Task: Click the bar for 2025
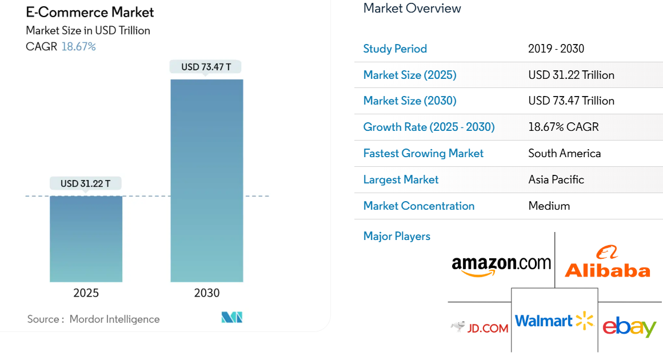(86, 239)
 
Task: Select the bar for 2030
(206, 181)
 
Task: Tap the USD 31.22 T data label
(86, 183)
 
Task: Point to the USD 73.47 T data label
(206, 67)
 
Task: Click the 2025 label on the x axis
(86, 293)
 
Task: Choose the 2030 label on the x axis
(206, 293)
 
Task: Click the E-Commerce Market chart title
(90, 12)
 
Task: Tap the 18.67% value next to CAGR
(78, 46)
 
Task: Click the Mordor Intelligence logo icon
(232, 318)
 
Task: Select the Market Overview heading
(412, 8)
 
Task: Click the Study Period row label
(395, 49)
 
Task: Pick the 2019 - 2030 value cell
(556, 49)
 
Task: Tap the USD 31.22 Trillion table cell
(571, 75)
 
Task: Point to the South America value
(564, 153)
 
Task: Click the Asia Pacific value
(556, 179)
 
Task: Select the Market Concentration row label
(419, 206)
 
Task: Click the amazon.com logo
(501, 265)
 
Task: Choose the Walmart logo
(554, 321)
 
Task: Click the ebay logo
(629, 327)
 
